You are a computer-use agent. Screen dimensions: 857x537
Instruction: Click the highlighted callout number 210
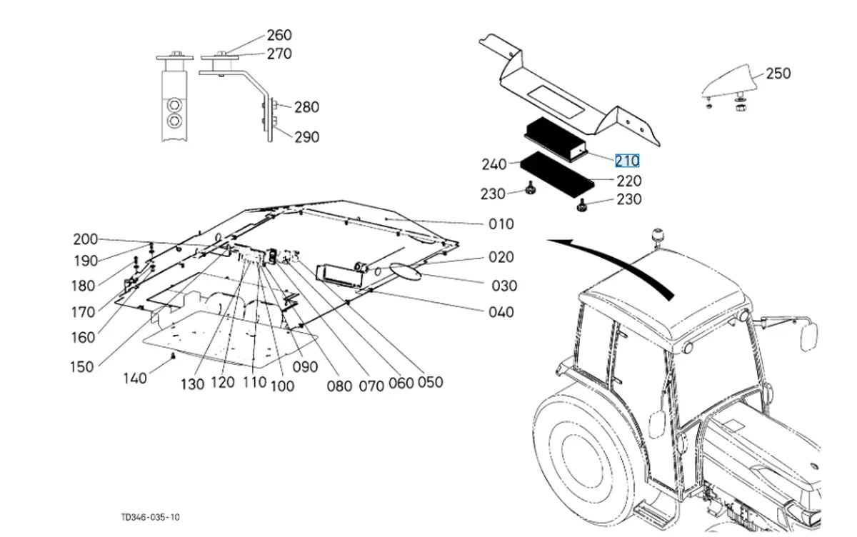click(627, 161)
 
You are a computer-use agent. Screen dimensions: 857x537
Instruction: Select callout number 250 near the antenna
click(778, 74)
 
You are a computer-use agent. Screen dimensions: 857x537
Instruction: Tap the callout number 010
click(501, 224)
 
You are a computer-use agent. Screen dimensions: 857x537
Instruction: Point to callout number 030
click(504, 286)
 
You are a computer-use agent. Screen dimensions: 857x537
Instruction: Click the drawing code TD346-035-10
click(151, 517)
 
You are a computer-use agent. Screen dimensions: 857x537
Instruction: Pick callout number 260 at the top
click(279, 35)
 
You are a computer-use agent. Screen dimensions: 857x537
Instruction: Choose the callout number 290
click(307, 137)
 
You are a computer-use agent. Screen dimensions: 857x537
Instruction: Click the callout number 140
click(135, 378)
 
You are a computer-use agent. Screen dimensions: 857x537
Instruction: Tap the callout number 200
click(86, 239)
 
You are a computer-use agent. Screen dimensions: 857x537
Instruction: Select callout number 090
click(305, 367)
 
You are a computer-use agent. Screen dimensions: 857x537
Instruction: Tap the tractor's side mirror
click(809, 336)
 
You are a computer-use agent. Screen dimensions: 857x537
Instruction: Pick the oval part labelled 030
click(405, 271)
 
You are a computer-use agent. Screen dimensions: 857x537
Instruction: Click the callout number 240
click(494, 164)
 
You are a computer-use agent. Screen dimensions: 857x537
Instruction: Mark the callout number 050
click(430, 382)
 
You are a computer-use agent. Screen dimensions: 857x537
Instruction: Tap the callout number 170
click(84, 312)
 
